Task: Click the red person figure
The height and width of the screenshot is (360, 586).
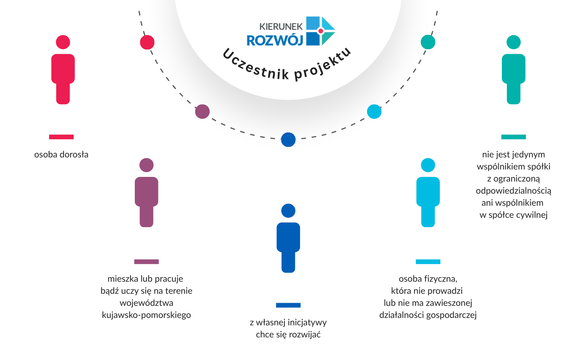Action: click(x=63, y=72)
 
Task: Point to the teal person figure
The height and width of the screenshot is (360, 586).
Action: click(x=514, y=72)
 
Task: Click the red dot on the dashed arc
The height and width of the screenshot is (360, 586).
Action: click(x=147, y=42)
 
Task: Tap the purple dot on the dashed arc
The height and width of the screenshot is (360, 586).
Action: click(x=202, y=112)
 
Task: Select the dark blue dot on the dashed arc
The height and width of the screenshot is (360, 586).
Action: click(x=288, y=139)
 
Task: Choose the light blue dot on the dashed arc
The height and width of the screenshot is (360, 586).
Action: click(x=374, y=112)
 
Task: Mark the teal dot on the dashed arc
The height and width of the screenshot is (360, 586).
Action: click(x=428, y=42)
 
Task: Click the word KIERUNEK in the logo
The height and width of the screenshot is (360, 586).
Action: click(x=281, y=26)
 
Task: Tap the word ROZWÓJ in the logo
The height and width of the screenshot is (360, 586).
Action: click(x=275, y=40)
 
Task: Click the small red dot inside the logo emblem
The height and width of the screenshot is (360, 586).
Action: click(x=321, y=31)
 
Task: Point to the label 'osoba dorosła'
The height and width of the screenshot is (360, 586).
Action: click(x=61, y=155)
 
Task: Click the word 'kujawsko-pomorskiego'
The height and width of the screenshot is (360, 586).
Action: click(x=146, y=315)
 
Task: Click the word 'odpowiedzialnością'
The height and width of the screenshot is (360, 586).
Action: click(x=514, y=191)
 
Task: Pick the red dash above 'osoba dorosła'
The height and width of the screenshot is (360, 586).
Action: click(x=61, y=137)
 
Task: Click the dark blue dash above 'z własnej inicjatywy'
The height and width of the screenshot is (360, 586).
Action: click(x=288, y=305)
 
